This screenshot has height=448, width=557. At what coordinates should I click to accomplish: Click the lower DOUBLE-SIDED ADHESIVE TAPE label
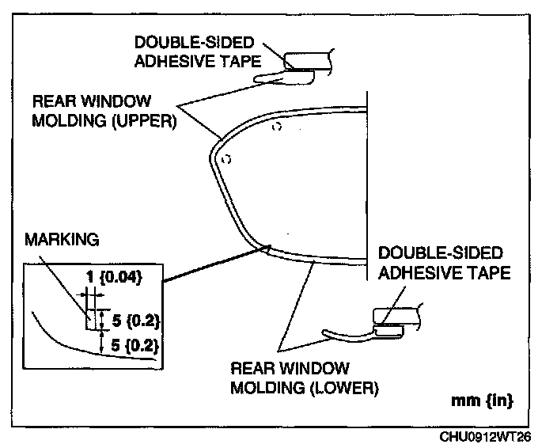coord(441,264)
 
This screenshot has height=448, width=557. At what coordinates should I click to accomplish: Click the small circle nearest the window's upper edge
coord(275,127)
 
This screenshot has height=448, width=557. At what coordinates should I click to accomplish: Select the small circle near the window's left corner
coord(225,159)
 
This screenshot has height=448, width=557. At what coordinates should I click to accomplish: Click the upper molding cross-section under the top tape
coord(285,76)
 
